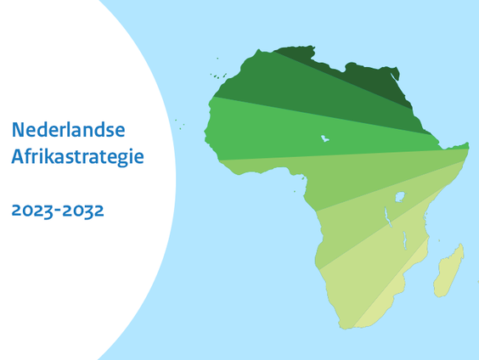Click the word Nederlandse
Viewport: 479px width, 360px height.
coord(68,130)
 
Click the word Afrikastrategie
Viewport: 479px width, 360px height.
coord(77,156)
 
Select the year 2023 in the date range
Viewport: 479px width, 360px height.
coord(32,210)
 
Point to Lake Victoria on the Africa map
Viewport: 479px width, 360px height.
coord(400,197)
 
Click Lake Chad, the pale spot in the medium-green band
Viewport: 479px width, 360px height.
coord(324,138)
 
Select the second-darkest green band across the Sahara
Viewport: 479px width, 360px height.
coord(289,85)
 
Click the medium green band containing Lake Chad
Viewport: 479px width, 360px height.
coord(272,132)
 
